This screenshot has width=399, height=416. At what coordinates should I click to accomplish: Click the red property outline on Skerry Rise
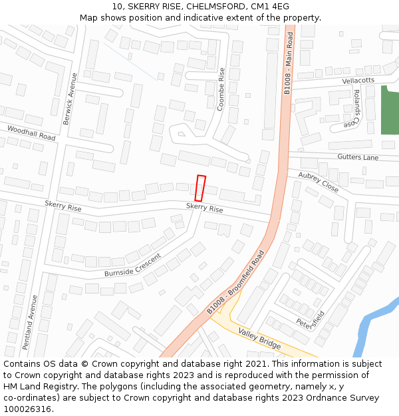click(x=201, y=188)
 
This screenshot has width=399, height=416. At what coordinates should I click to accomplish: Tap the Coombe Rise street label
click(x=221, y=89)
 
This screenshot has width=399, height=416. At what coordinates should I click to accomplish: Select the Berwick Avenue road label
click(x=69, y=99)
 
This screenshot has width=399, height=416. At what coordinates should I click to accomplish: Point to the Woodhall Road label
click(x=31, y=132)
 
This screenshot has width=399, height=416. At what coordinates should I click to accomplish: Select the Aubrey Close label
click(x=318, y=182)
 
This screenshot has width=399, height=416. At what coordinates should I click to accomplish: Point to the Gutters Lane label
click(x=358, y=157)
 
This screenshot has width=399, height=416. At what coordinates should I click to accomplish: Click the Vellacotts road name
click(x=358, y=80)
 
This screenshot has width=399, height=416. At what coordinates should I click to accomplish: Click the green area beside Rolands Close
click(x=390, y=110)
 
